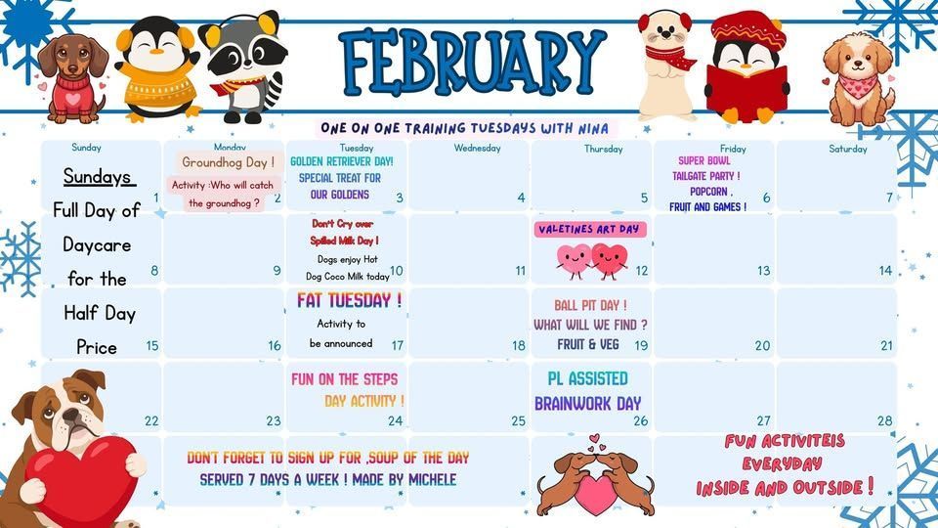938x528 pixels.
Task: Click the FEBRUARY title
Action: point(473,61)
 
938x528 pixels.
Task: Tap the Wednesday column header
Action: point(477,149)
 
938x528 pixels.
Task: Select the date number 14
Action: point(885,271)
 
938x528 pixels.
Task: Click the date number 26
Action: point(640,421)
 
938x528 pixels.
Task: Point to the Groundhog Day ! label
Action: point(228,162)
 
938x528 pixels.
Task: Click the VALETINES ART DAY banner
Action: point(588,229)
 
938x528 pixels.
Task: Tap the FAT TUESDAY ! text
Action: point(349,299)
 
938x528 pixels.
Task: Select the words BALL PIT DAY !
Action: point(590,305)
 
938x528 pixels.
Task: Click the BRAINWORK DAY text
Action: point(587,403)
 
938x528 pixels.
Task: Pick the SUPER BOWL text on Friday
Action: point(704,160)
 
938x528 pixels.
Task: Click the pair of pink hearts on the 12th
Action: point(591,260)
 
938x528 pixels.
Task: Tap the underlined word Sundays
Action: point(98,177)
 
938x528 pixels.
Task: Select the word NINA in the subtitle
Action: point(592,128)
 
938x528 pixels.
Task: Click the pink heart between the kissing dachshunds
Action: point(592,493)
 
